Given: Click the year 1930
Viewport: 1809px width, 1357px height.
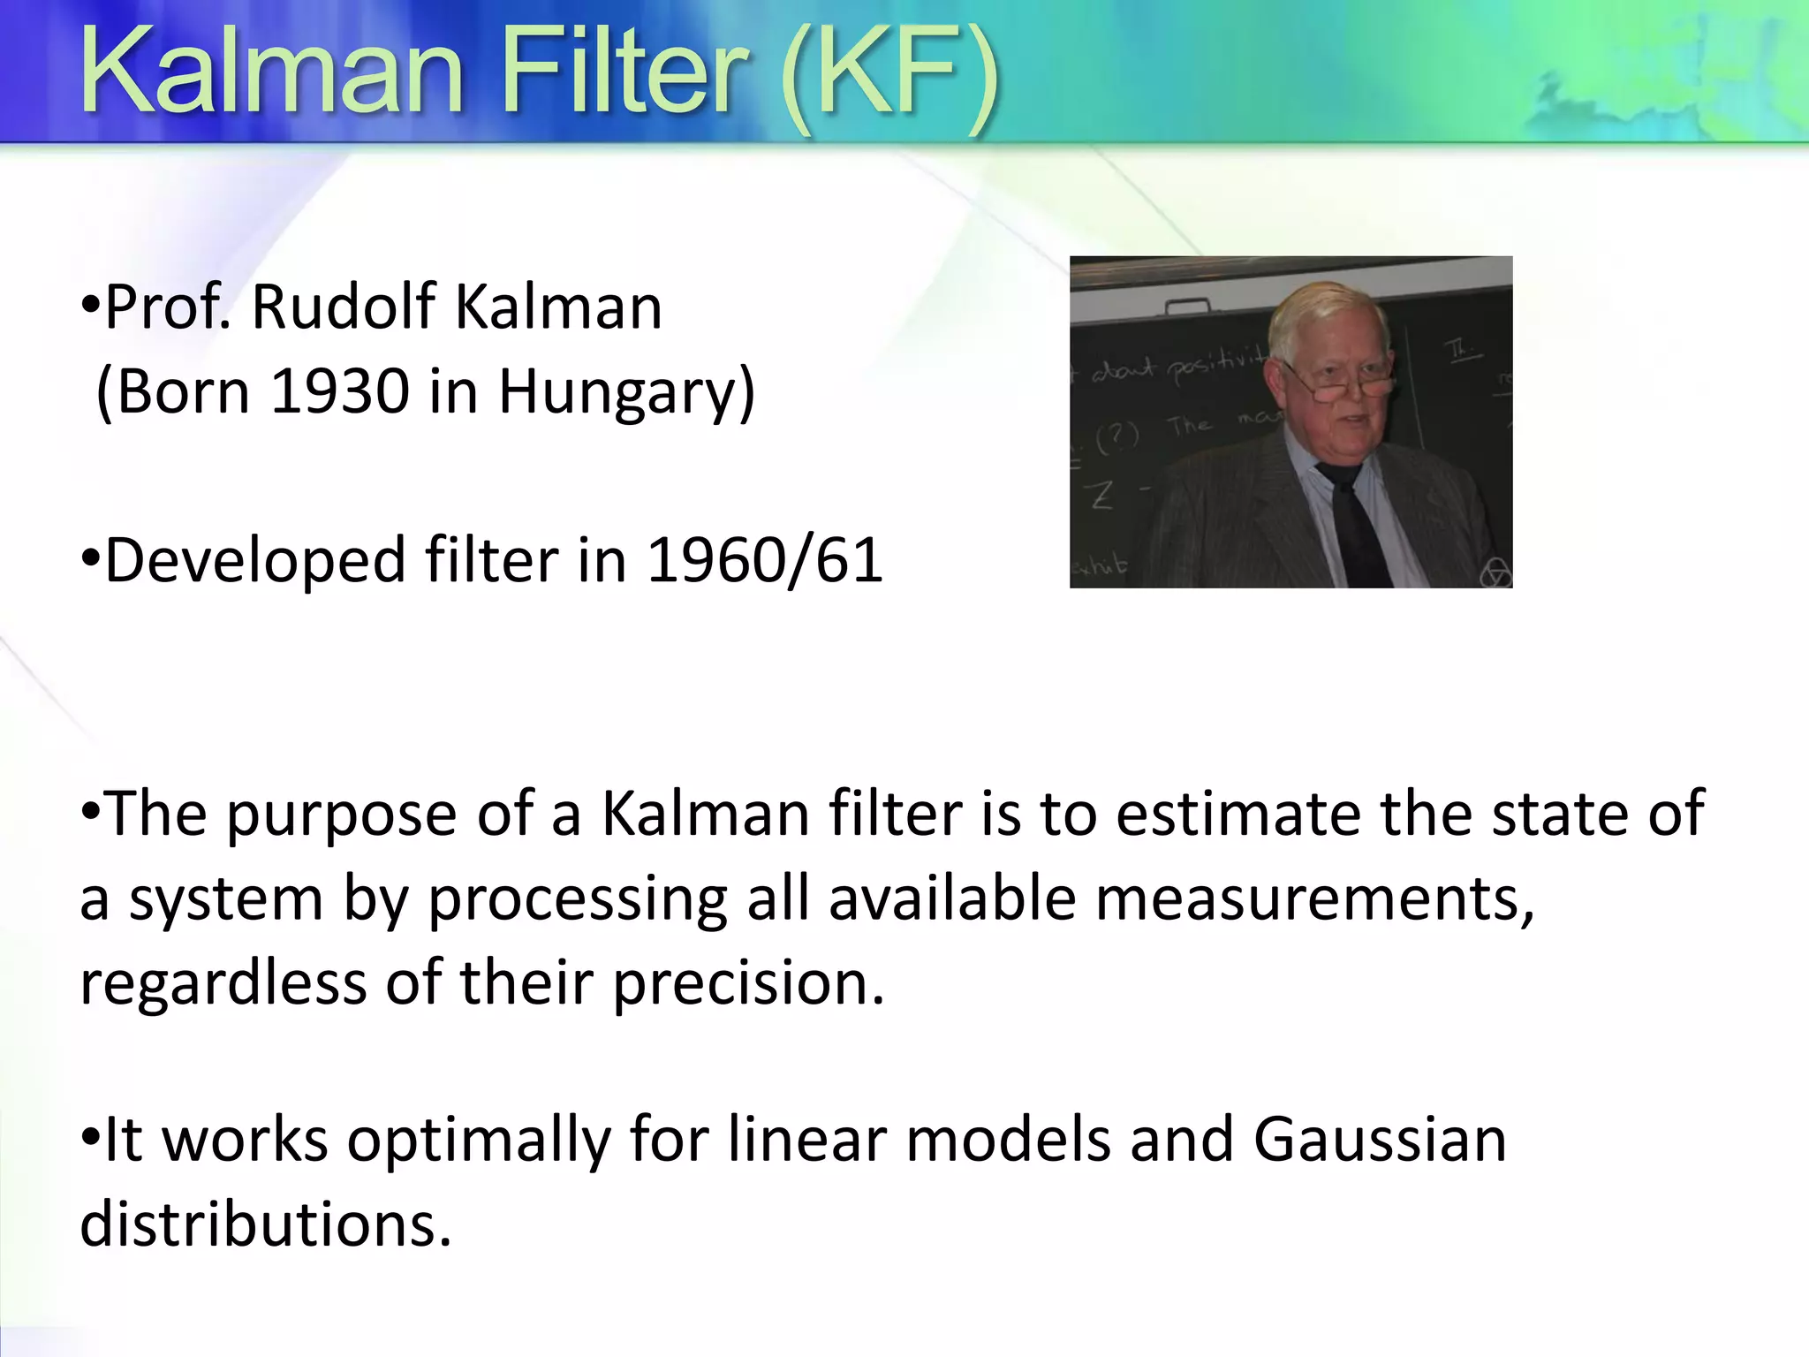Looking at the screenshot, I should coord(340,391).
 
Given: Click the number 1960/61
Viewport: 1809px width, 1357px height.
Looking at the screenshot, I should coord(765,560).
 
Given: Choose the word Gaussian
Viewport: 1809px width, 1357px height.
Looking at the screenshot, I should coord(1380,1140).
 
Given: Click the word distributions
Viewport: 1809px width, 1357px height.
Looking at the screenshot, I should coord(265,1224).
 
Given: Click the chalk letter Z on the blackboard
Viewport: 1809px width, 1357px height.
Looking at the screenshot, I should coord(1101,496).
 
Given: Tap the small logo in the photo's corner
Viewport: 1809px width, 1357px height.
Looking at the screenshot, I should coord(1495,574).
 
